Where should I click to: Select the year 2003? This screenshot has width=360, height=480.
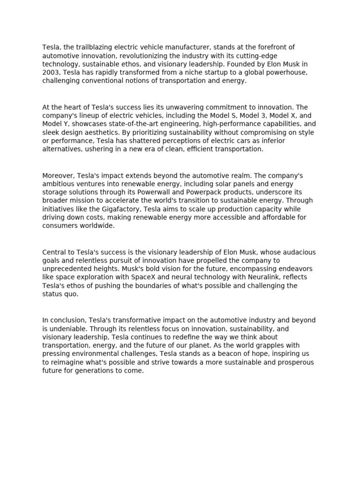coord(51,72)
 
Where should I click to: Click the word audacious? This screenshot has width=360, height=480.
coord(298,252)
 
